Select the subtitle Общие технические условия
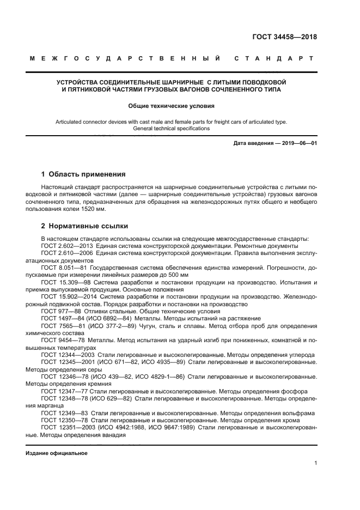coord(172,106)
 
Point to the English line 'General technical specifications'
coord(172,129)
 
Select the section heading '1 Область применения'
coord(83,174)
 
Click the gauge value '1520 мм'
coord(93,209)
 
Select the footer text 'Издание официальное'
coord(57,453)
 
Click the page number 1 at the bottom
coord(315,463)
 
